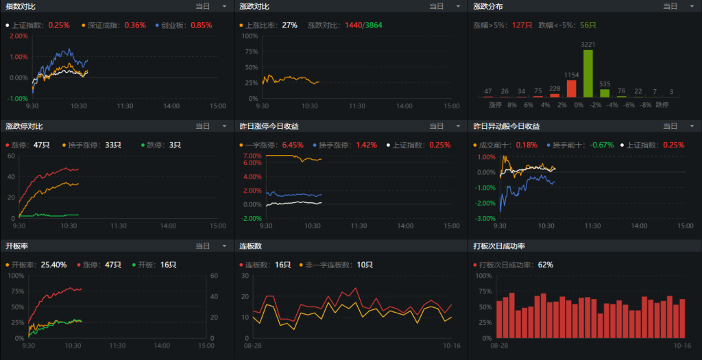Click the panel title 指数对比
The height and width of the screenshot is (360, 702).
pyautogui.click(x=21, y=6)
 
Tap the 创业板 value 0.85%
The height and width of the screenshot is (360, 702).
pyautogui.click(x=202, y=25)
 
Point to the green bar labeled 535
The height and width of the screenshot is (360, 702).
pyautogui.click(x=604, y=93)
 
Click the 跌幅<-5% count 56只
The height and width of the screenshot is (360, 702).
pyautogui.click(x=588, y=25)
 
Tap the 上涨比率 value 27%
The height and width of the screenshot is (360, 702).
pyautogui.click(x=289, y=25)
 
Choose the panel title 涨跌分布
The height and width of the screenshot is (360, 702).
pyautogui.click(x=488, y=6)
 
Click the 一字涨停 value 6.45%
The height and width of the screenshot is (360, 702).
pyautogui.click(x=292, y=145)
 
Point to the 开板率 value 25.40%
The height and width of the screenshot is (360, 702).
pyautogui.click(x=54, y=265)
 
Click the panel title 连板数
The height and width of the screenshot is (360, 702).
pyautogui.click(x=250, y=246)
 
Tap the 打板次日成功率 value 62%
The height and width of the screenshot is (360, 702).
pyautogui.click(x=546, y=265)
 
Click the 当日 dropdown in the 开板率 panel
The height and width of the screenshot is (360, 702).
pyautogui.click(x=211, y=246)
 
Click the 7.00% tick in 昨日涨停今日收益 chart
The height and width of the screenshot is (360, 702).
pyautogui.click(x=252, y=156)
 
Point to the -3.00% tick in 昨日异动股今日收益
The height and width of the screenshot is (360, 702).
pyautogui.click(x=485, y=218)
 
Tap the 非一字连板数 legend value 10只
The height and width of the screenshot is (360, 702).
pyautogui.click(x=365, y=265)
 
